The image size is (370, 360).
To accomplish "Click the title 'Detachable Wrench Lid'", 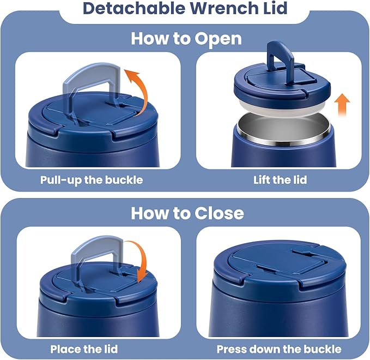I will [185, 10].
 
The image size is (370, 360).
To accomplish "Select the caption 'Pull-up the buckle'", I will [92, 179].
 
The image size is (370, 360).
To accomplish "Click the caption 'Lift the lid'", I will [280, 179].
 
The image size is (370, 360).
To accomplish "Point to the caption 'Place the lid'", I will [83, 349].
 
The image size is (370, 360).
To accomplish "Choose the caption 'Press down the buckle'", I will [279, 349].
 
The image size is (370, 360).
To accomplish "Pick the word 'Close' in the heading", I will [217, 212].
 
